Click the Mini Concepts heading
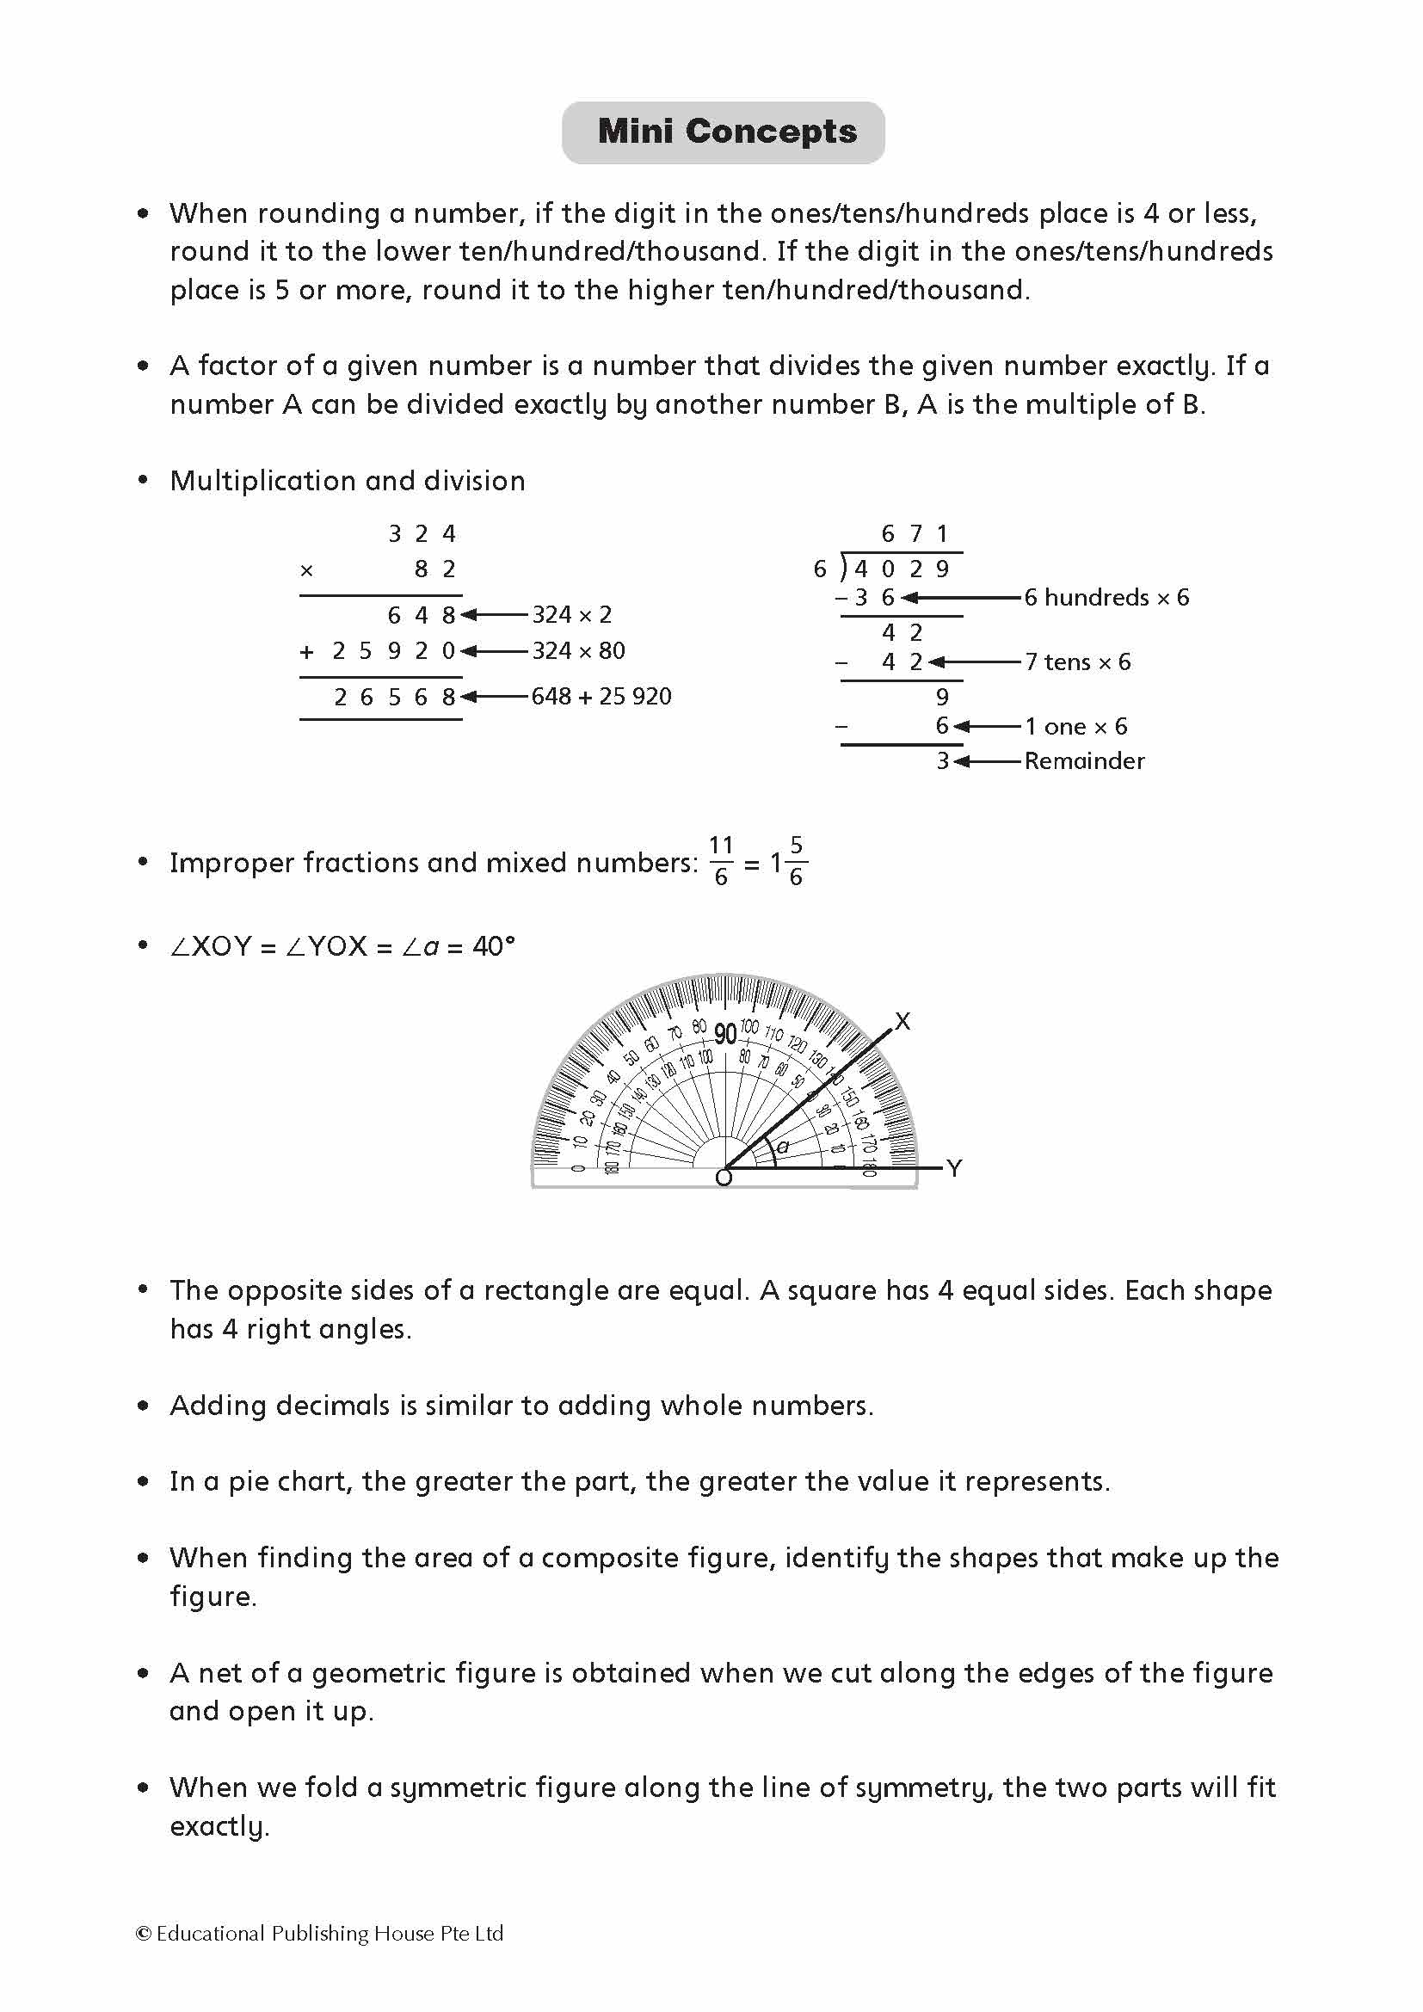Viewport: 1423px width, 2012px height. tap(726, 132)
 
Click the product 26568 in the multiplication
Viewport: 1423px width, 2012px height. tap(394, 698)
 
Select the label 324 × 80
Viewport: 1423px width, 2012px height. tap(578, 651)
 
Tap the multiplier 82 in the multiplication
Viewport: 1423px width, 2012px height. tap(434, 569)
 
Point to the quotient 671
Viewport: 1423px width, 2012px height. tap(914, 533)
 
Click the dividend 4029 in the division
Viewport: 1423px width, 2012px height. tap(902, 569)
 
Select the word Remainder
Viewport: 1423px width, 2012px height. tap(1084, 760)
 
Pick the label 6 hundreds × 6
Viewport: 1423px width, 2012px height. tap(1106, 598)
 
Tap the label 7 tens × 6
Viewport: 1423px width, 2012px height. tap(1078, 662)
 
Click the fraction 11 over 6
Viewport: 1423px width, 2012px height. tap(720, 861)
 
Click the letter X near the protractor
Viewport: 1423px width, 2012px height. tap(902, 1022)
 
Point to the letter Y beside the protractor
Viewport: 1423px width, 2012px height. tap(954, 1168)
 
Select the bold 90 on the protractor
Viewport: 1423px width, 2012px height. tap(724, 1034)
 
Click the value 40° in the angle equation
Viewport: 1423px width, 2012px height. tap(493, 946)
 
